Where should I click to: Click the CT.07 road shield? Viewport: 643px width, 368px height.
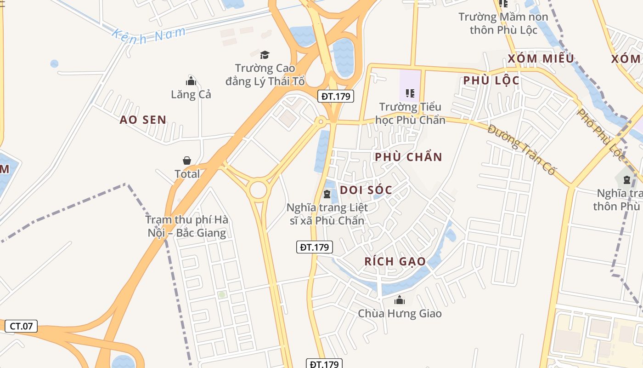pos(21,326)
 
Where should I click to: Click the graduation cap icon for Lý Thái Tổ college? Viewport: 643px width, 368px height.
pos(265,55)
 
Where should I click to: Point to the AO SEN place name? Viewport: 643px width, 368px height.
pos(143,120)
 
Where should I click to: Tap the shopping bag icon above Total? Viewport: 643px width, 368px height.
pos(187,161)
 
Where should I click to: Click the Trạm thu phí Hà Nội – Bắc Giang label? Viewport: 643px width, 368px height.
pos(187,226)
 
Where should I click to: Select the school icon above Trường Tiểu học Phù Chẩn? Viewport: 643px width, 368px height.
pos(410,93)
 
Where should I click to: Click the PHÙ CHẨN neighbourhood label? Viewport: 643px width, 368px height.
pos(408,157)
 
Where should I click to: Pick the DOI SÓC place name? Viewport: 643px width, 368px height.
pos(366,190)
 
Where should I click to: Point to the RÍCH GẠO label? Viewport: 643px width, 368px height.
pos(395,261)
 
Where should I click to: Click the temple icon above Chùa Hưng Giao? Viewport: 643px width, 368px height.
pos(400,300)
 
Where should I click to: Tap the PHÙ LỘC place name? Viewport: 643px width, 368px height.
pos(491,80)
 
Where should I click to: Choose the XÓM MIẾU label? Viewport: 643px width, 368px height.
pos(541,59)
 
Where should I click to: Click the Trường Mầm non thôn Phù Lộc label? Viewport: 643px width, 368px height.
pos(503,23)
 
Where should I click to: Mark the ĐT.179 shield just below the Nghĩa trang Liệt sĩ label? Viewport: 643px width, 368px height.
pos(314,247)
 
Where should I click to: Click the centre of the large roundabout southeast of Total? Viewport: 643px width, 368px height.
pos(258,190)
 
